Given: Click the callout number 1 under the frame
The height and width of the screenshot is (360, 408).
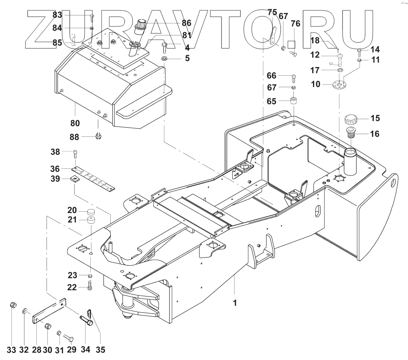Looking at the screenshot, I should pos(235,304).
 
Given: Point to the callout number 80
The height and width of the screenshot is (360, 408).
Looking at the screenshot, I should pos(75,123).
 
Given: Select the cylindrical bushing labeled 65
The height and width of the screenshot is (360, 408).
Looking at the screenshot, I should pos(294,100).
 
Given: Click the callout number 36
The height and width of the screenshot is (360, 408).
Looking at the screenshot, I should pos(55,168).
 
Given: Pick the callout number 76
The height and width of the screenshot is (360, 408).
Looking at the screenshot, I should pos(295,24).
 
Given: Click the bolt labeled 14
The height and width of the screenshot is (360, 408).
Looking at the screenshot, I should pos(360,51).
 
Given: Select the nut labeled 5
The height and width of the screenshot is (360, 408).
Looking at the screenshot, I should pos(166,59).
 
